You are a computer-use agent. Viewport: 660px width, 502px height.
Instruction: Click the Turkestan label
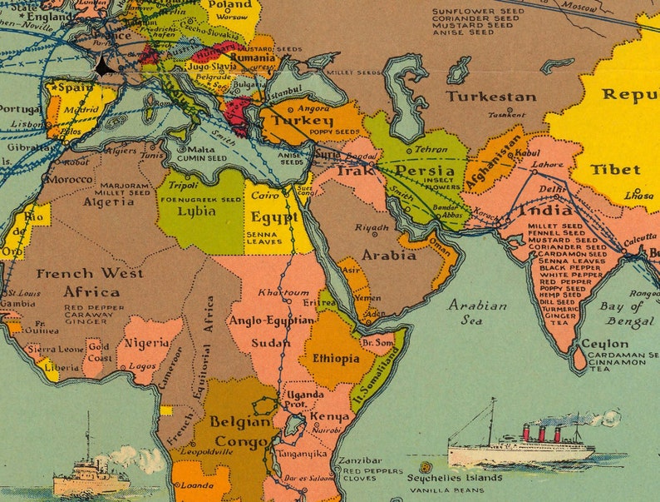[490, 96]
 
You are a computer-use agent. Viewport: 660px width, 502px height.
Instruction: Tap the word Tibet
[615, 169]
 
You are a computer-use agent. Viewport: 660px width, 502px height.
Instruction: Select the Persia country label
[424, 170]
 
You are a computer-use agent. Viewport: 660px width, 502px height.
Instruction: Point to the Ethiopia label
[335, 359]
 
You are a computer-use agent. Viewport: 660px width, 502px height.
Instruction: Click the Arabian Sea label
[477, 312]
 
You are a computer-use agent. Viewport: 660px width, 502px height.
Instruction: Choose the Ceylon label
[604, 343]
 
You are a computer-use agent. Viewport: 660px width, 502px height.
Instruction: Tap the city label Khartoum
[283, 293]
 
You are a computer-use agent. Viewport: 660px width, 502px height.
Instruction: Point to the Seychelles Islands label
[454, 478]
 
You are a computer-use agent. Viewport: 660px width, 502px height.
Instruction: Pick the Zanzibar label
[362, 460]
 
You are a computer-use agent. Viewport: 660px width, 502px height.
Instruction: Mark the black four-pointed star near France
[103, 67]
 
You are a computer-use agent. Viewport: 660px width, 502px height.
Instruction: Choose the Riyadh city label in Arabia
[372, 226]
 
